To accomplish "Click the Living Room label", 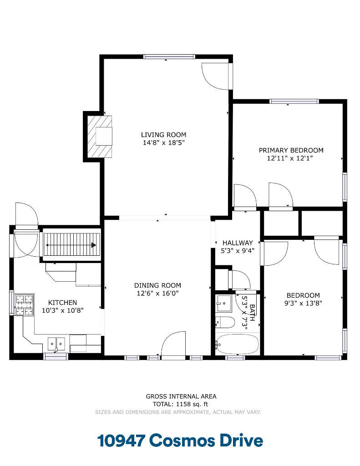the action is (x=163, y=135).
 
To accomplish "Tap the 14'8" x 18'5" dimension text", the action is (x=163, y=142).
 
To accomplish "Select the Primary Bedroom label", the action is (x=291, y=150).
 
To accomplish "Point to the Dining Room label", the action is (x=157, y=285).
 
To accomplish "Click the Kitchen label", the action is (x=62, y=303).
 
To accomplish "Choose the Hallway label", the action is (x=238, y=243).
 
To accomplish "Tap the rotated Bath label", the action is (x=252, y=312).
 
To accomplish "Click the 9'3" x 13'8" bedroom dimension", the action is (x=303, y=303).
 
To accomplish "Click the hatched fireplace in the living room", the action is (x=100, y=137).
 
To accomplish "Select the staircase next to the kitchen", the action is (x=71, y=245).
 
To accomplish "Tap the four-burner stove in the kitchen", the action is (x=25, y=304).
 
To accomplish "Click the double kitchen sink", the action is (x=56, y=344).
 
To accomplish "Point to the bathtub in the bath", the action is (x=237, y=344).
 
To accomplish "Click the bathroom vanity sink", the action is (x=223, y=303).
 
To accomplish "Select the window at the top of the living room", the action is (x=169, y=56).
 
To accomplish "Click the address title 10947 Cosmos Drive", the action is (x=180, y=441).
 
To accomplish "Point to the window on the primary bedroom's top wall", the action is (x=294, y=101).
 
